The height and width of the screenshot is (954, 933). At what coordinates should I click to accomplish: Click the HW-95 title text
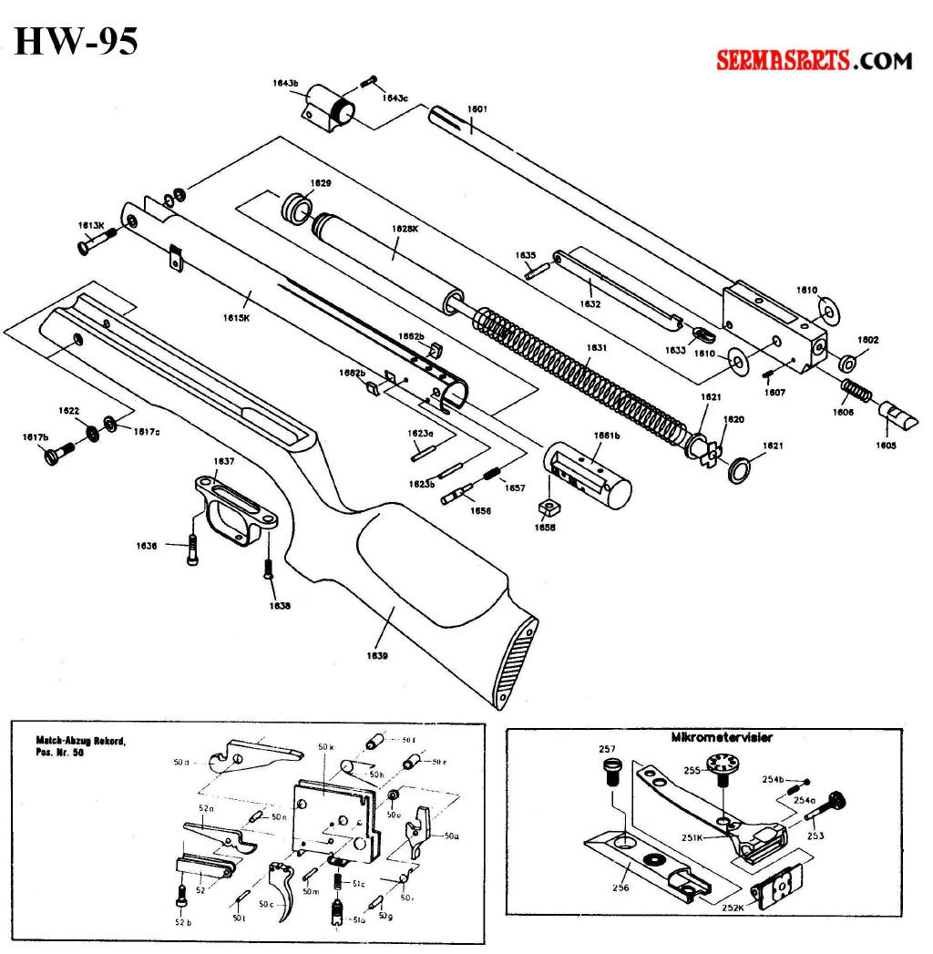point(77,40)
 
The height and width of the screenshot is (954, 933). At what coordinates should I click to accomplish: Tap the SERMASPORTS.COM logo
point(814,61)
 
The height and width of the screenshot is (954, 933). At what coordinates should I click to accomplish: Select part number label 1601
point(477,109)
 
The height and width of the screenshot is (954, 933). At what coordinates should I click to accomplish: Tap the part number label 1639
point(377,654)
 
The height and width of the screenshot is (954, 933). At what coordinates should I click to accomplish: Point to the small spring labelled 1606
point(856,393)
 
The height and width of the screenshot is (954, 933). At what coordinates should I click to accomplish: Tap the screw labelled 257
point(611,775)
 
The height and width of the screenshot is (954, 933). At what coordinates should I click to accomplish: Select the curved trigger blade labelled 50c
point(284,887)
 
